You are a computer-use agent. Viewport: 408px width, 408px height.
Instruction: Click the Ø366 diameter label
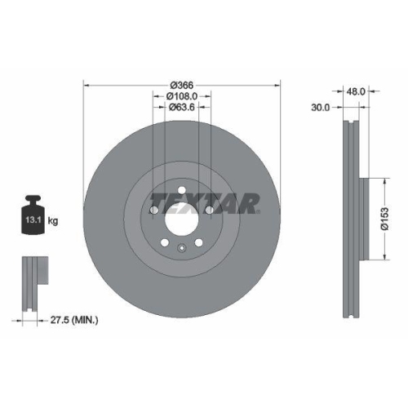tap(182, 84)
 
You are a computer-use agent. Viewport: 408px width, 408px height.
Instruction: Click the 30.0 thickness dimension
tap(323, 106)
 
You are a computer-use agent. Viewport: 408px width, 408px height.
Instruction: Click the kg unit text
tap(52, 220)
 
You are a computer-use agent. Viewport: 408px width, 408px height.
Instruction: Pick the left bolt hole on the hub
tap(153, 211)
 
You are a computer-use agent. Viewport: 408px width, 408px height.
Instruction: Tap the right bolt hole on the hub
tap(211, 211)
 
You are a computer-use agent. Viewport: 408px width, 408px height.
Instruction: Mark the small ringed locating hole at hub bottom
tap(182, 249)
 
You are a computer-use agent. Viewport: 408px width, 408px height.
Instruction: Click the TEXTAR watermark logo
tap(204, 202)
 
